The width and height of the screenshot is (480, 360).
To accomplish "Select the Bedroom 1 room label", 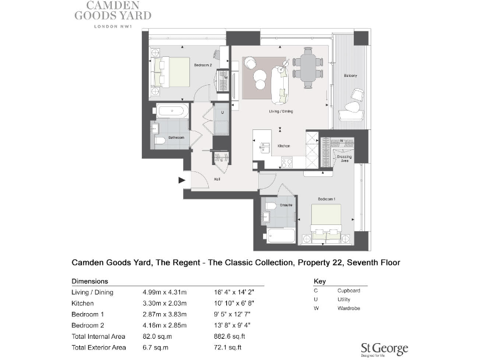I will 327,198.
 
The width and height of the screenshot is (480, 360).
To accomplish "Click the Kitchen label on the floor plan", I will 284,146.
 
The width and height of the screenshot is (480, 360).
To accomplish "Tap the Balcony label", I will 350,76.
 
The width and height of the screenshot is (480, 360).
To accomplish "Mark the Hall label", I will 216,178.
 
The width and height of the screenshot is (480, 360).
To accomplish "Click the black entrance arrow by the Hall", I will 182,181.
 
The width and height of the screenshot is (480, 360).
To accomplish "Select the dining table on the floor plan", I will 307,65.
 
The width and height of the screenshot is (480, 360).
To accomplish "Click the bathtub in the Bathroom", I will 171,112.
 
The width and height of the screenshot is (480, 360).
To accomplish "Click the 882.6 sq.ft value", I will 228,336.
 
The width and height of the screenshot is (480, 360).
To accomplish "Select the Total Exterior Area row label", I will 99,347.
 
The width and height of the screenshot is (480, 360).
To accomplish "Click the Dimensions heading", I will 90,281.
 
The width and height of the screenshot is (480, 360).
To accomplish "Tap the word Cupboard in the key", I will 349,291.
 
